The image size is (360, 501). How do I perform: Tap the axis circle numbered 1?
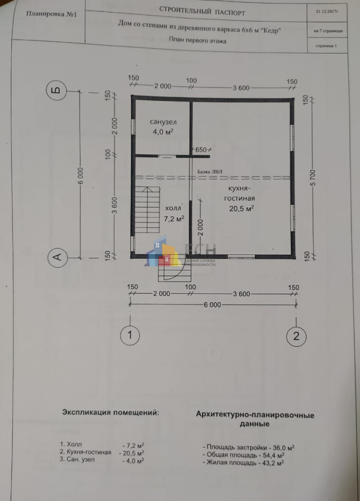pos(130,335)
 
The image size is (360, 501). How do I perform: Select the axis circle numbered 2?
pos(296,336)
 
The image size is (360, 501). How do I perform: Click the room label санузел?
pos(163,122)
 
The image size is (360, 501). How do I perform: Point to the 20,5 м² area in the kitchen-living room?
pos(241,208)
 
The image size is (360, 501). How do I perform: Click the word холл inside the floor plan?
pos(172,208)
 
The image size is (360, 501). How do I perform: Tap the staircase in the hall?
pos(147,210)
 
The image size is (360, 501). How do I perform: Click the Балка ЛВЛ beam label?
pos(210,171)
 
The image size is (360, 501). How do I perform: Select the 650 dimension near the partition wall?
pos(201,149)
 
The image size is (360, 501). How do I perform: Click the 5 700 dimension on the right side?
pos(313,178)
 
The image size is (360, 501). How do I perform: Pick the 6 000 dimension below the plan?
pos(213,305)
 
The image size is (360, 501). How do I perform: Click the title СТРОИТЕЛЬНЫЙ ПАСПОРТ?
pos(202,11)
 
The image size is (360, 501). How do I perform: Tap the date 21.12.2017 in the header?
pos(327,11)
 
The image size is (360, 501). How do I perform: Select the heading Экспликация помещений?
pos(110,412)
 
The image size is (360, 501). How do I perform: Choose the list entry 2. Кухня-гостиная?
pos(86,452)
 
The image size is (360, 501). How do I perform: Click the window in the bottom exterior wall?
pos(241,256)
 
